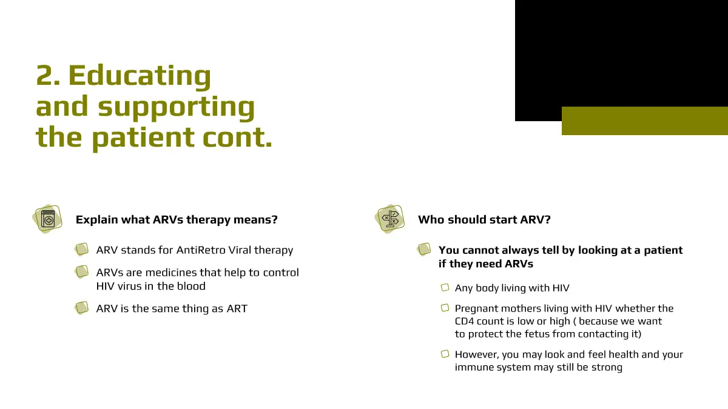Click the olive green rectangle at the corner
point(645,121)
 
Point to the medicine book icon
point(47,219)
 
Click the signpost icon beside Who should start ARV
point(389,219)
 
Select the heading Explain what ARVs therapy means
point(177,220)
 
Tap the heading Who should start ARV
point(484,220)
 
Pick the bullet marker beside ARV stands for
point(81,250)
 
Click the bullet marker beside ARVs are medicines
point(81,272)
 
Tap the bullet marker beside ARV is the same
point(81,308)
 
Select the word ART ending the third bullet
point(237,308)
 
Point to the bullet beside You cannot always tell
point(424,250)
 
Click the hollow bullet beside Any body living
point(445,288)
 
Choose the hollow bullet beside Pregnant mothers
point(445,308)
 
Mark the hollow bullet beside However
point(445,354)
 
